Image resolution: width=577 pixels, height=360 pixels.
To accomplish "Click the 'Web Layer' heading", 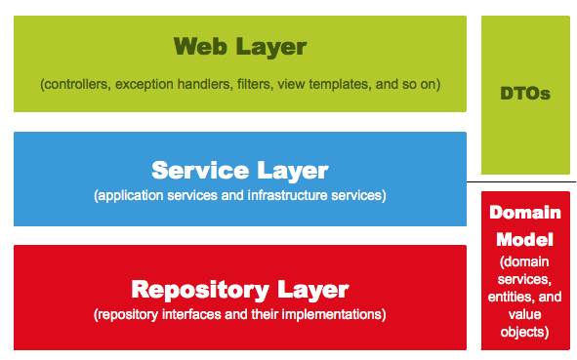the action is coord(239,46).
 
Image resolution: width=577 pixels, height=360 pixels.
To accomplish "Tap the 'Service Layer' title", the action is coord(239,170).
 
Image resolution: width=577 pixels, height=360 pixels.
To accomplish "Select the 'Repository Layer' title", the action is coord(239,289).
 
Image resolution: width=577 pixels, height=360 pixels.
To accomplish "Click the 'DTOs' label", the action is coord(525,95).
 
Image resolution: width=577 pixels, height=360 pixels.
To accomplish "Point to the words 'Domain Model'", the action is coord(524,225).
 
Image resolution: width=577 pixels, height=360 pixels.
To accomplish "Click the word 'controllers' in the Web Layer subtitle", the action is coord(76,84).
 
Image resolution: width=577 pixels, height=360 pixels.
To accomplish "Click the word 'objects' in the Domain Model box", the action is coord(524,332).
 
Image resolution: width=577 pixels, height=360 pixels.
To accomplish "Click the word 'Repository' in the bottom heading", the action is coord(190,289).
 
